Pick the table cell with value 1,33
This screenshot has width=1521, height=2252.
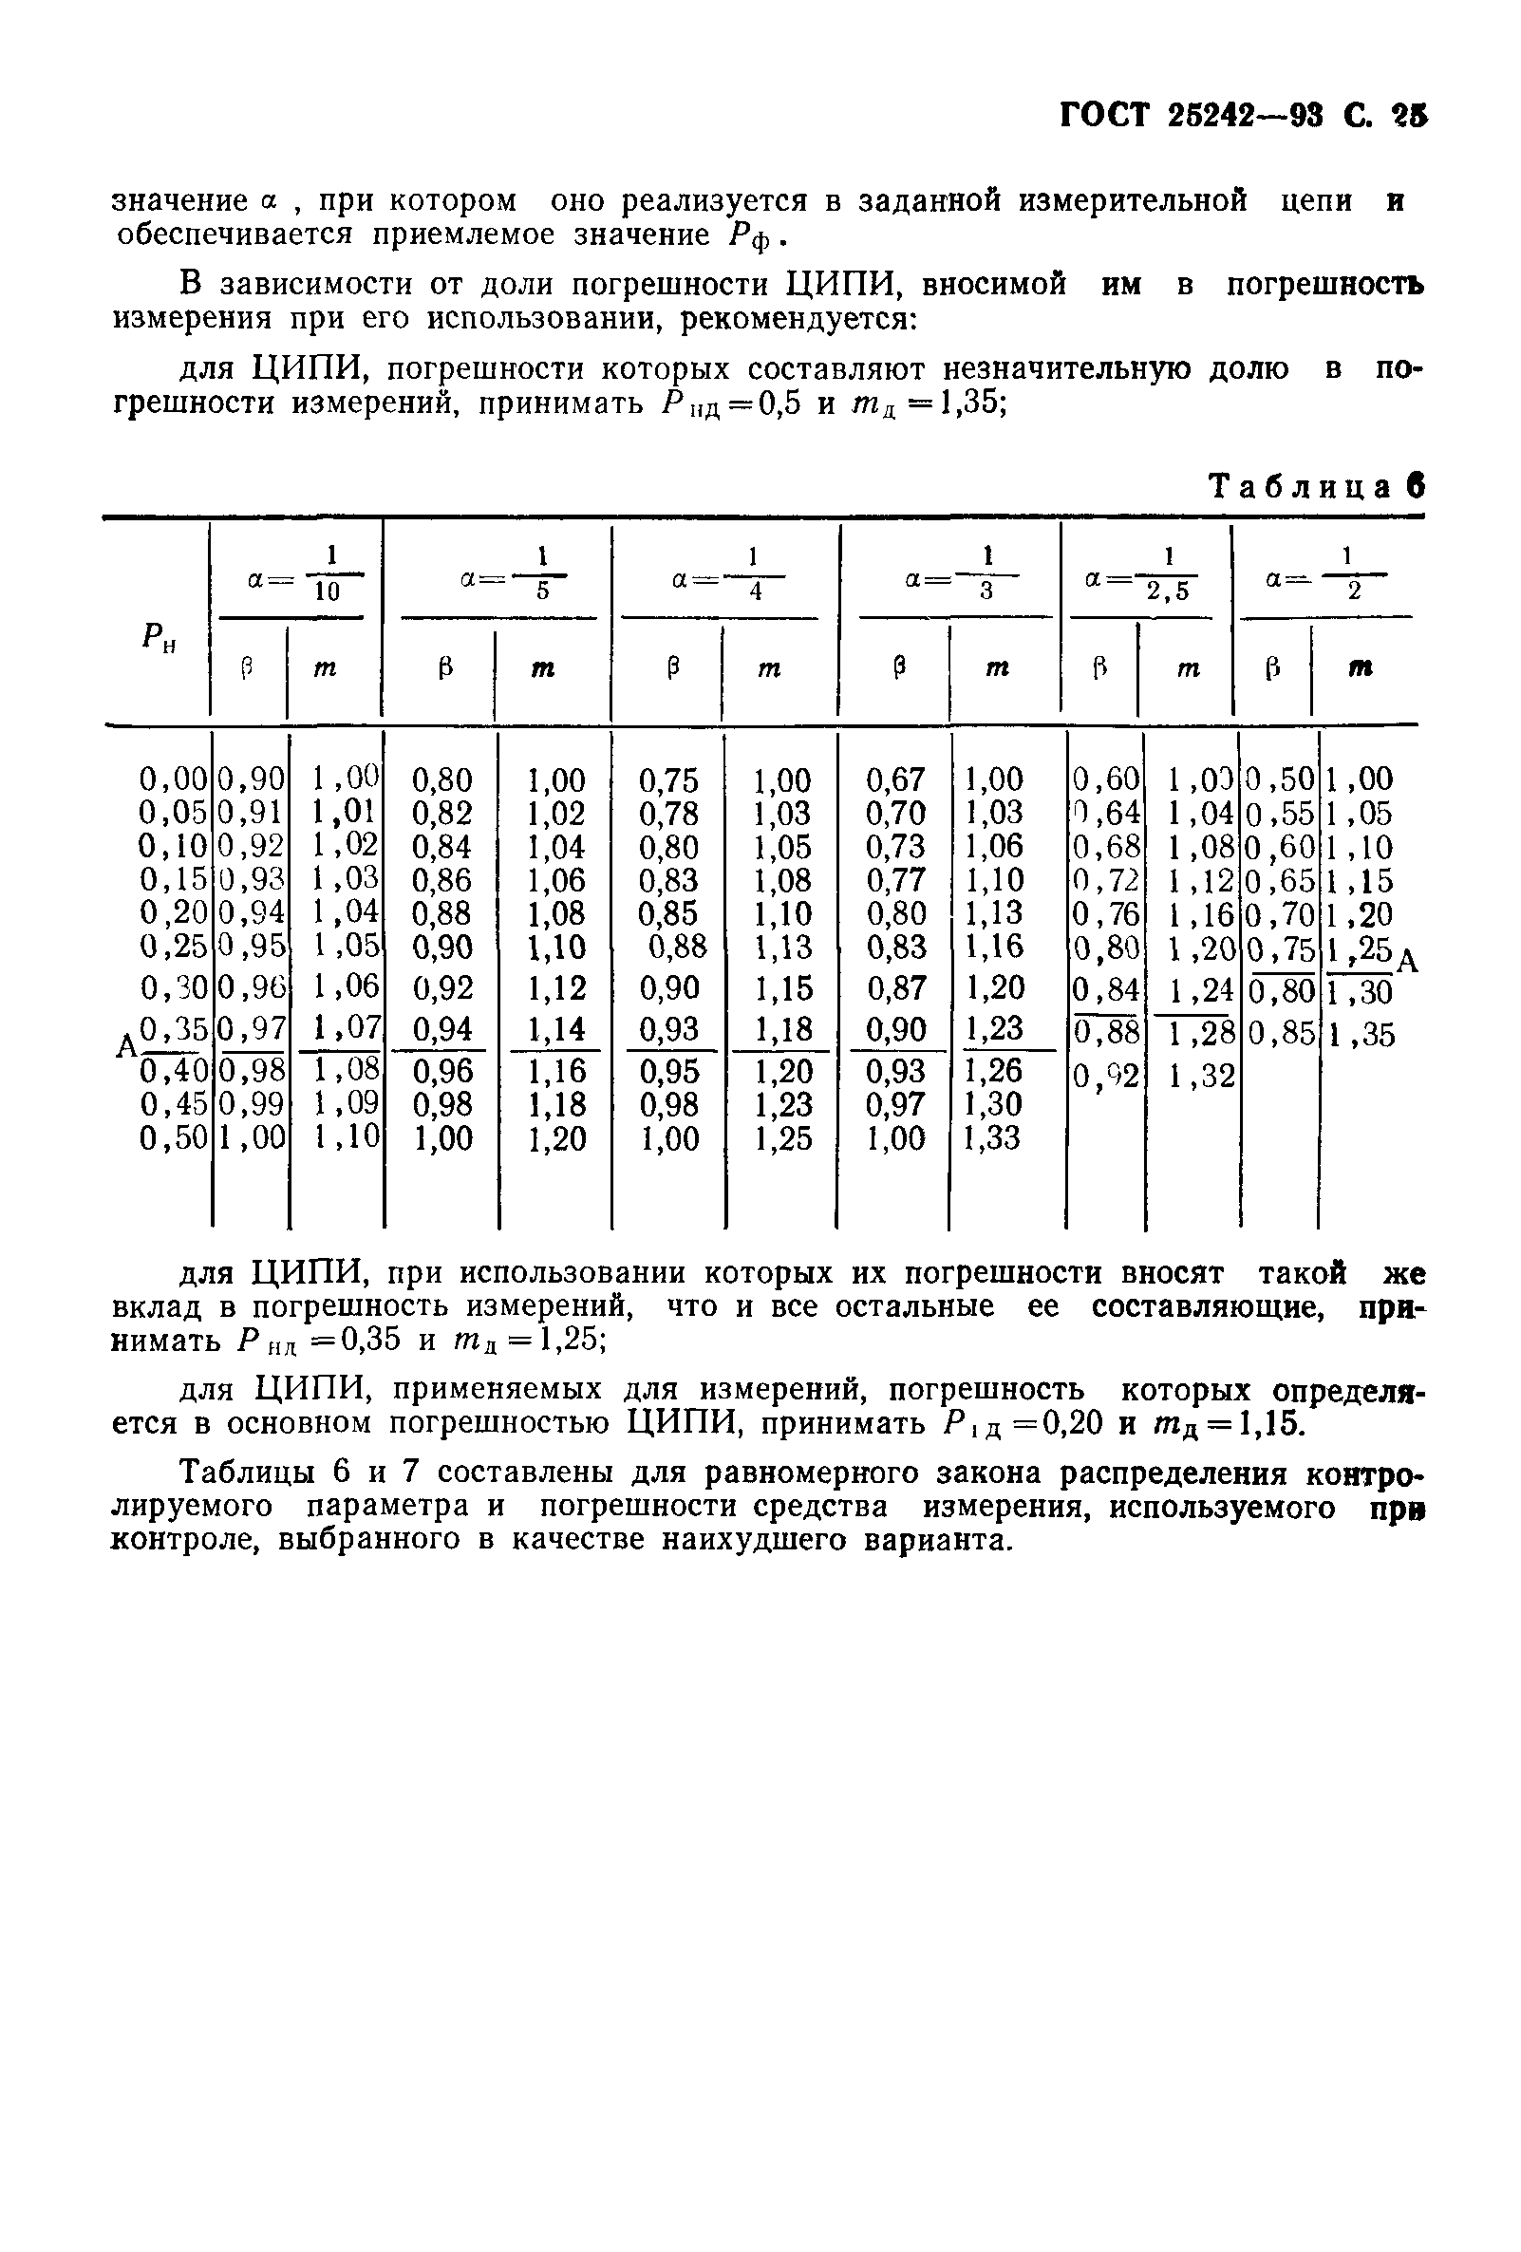[x=993, y=1137]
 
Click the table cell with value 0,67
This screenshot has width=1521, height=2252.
[x=895, y=780]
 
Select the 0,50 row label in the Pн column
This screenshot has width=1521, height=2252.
[x=175, y=1137]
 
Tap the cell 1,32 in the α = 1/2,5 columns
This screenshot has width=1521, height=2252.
[x=1200, y=1076]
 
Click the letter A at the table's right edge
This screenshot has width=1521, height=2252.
[x=1408, y=961]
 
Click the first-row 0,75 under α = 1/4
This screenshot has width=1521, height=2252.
[x=668, y=780]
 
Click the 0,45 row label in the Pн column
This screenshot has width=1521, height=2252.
[x=175, y=1105]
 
